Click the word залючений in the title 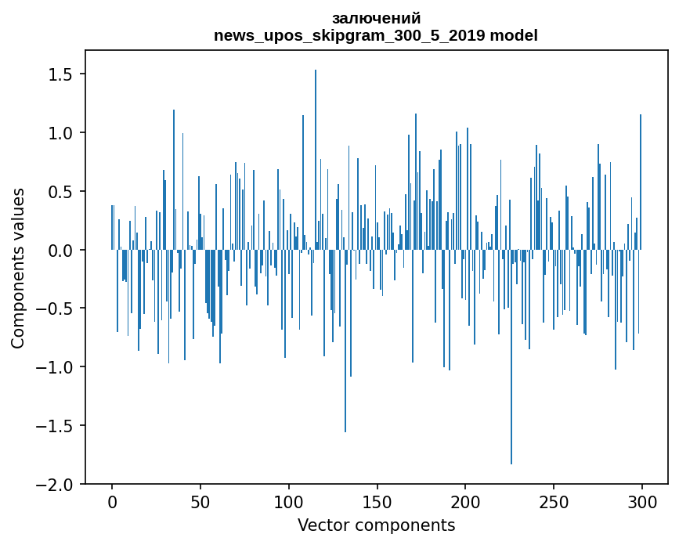click(x=376, y=18)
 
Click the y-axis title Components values click(x=18, y=267)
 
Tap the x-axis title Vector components click(x=376, y=525)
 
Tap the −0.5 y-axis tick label click(x=56, y=309)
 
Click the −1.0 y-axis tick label click(x=56, y=367)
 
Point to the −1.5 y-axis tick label click(x=56, y=426)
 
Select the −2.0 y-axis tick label click(x=56, y=485)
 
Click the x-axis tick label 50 click(x=200, y=502)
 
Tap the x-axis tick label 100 click(x=289, y=502)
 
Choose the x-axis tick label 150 click(x=377, y=502)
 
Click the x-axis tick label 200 click(x=466, y=502)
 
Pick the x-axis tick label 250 click(x=554, y=502)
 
